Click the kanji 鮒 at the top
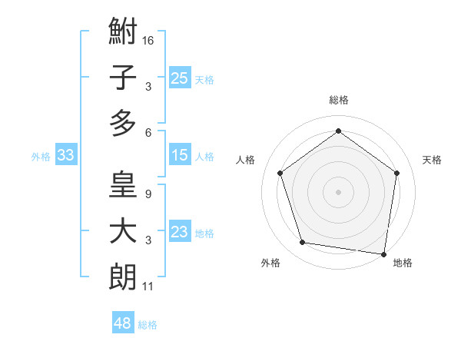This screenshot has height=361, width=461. [123, 32]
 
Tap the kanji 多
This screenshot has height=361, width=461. [123, 123]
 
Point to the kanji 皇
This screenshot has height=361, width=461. [123, 186]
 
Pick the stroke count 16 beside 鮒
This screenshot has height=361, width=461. [148, 39]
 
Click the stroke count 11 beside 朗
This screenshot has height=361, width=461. [148, 287]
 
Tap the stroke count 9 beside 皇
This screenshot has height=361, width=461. [148, 194]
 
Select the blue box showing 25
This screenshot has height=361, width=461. [179, 78]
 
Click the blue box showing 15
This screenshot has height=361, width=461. [179, 156]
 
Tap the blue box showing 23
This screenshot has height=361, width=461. [179, 233]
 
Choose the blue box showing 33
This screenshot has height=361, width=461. [65, 156]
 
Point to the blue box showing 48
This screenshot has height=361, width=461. [123, 323]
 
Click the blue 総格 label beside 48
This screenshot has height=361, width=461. [148, 325]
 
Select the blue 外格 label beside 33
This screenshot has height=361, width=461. [41, 157]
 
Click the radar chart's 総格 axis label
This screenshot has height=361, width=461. [338, 100]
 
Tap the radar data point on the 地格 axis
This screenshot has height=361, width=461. [383, 253]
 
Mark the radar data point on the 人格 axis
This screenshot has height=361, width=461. [280, 173]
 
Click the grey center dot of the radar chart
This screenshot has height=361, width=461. [338, 191]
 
